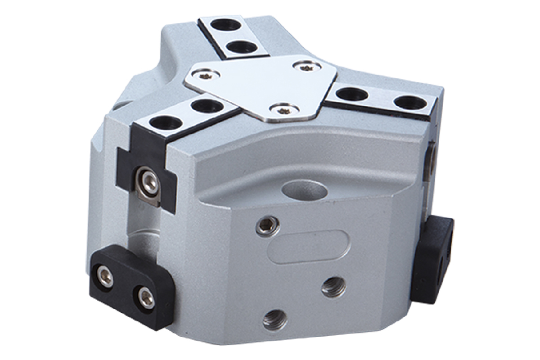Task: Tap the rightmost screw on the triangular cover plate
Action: (x=306, y=67)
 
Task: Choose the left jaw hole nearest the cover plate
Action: (x=206, y=107)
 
